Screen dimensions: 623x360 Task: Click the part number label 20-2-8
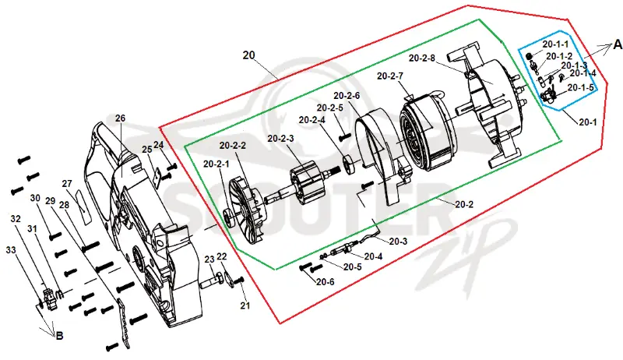(x=422, y=58)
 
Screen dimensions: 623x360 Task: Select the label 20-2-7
(x=390, y=76)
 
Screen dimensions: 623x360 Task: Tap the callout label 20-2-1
(x=216, y=164)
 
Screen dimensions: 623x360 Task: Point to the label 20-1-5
(x=580, y=87)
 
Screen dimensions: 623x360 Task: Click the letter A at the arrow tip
(x=618, y=44)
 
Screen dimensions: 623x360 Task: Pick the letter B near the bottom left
(x=59, y=336)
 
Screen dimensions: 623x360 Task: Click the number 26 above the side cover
(x=120, y=118)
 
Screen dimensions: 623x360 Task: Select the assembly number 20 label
(x=248, y=55)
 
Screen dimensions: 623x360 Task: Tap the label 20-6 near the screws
(x=326, y=282)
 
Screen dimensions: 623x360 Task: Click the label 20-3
(x=398, y=242)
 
